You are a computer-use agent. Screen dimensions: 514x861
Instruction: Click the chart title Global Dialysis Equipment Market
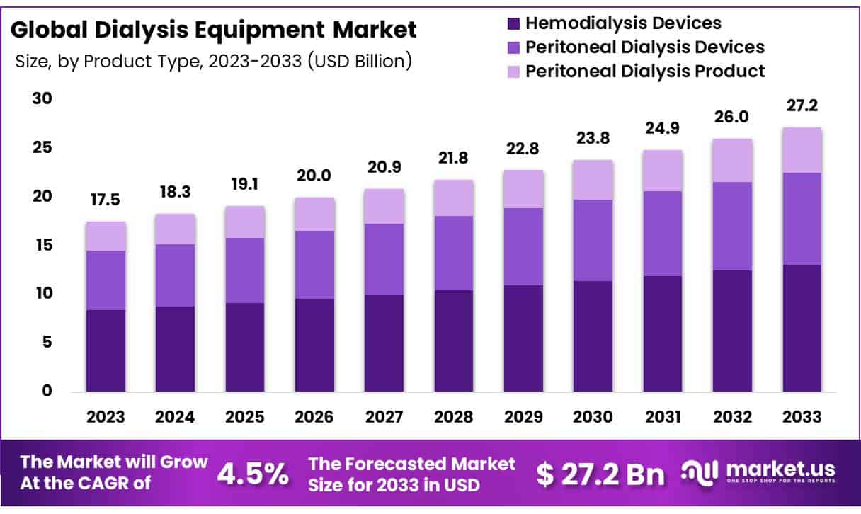(214, 30)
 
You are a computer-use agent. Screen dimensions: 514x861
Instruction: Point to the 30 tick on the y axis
(42, 98)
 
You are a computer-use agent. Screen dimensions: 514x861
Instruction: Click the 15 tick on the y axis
(42, 245)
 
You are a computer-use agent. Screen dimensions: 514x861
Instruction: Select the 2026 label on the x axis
(314, 417)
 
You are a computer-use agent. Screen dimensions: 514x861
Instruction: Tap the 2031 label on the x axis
(663, 417)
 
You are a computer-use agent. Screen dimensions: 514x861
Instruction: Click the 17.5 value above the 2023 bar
(106, 200)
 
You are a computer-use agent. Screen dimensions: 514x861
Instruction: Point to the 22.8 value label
(523, 149)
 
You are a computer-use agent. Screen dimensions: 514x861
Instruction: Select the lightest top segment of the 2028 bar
(454, 198)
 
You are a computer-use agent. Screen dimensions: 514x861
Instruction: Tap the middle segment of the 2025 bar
(245, 270)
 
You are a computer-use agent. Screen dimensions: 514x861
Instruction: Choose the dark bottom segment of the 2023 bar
(106, 350)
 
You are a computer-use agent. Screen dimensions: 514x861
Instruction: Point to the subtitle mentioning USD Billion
(213, 62)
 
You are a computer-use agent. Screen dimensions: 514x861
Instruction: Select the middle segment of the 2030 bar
(593, 241)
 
